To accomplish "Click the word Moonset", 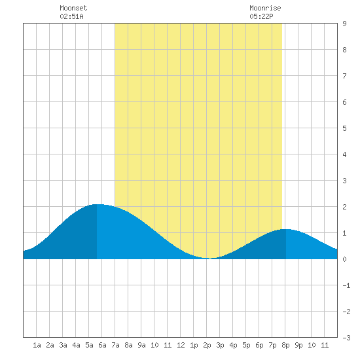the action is (73, 8).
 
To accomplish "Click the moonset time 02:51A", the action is (71, 16).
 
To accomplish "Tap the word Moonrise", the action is (265, 8).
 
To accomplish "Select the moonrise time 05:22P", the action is (261, 16).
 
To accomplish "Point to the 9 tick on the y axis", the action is (344, 24).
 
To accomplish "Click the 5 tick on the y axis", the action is (344, 128).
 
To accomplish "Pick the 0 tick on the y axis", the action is (344, 259).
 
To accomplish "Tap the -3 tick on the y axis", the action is (346, 338).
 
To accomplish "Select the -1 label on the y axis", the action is (346, 285).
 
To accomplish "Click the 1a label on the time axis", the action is (37, 345).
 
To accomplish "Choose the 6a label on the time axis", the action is (102, 345).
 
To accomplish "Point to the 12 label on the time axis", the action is (181, 345).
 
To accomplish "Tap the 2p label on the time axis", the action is (207, 345).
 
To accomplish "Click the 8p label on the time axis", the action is (285, 345).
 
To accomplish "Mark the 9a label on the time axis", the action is (141, 345).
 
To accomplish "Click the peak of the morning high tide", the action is (97, 204).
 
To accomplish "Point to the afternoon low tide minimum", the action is (210, 259).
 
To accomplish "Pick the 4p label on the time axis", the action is (233, 345).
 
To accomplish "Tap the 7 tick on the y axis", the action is (344, 76).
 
